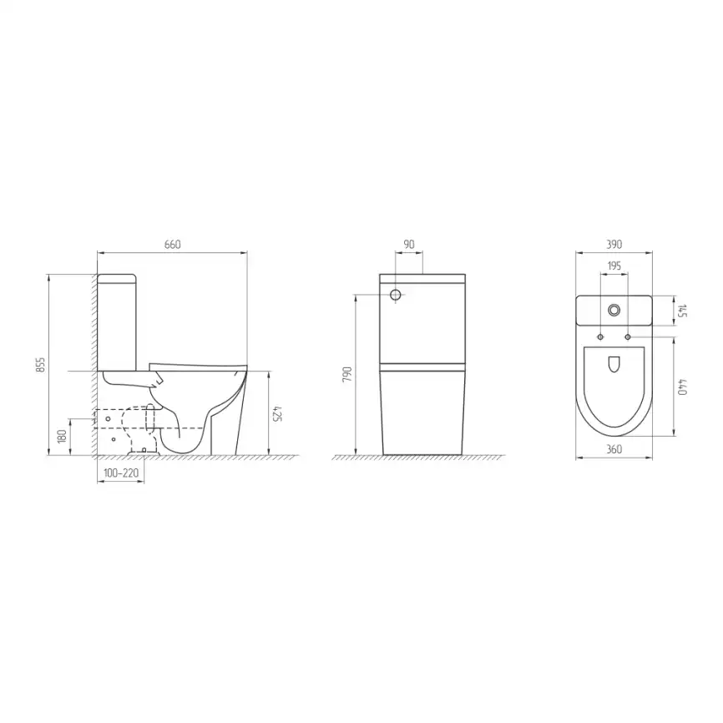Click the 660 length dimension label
point(173,245)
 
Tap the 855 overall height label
point(42,365)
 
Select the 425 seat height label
point(276,413)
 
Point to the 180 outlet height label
point(63,436)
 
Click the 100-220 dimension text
point(121,473)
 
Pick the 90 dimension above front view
point(409,245)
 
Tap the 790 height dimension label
point(347,376)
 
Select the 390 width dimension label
point(614,245)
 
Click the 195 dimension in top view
point(614,266)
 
